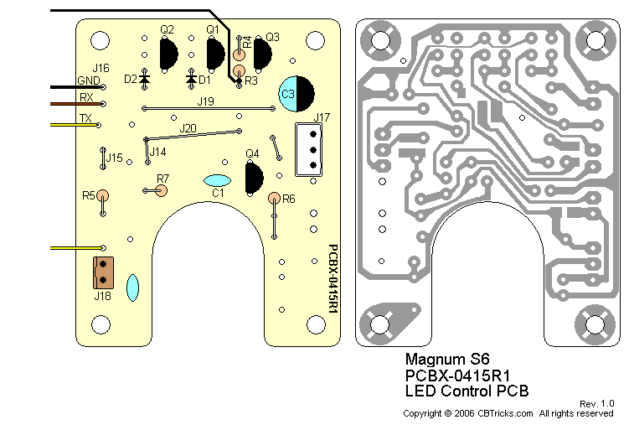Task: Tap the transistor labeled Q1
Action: tap(215, 55)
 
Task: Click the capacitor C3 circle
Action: tap(298, 94)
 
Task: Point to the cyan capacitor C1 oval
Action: tap(217, 180)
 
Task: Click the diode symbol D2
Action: tap(144, 79)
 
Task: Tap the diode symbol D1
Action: tap(192, 79)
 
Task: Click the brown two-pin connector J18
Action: tap(103, 272)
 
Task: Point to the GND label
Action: tap(88, 80)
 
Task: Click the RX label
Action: tap(86, 98)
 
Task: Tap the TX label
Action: tap(85, 118)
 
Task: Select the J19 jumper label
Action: tap(205, 101)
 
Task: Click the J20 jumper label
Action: tap(188, 128)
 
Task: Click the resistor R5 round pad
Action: tap(103, 196)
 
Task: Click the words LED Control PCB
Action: tap(467, 391)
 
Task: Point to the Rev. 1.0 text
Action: tap(596, 403)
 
